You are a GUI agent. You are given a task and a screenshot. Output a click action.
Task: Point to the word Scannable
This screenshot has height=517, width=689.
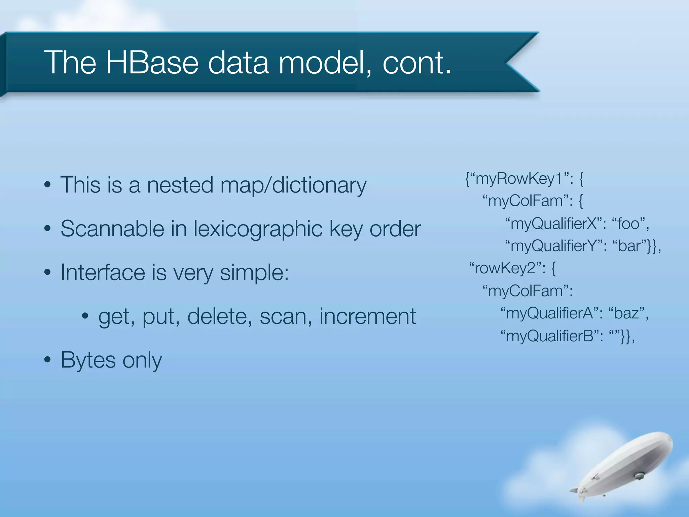point(112,229)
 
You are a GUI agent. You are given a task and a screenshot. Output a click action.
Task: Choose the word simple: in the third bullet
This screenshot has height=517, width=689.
point(254,273)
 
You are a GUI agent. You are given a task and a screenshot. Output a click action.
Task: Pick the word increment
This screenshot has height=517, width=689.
point(367,316)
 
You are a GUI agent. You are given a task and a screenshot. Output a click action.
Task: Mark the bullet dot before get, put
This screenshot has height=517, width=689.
point(85,316)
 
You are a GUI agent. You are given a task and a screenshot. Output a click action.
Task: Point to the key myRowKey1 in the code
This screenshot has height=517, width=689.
point(519,179)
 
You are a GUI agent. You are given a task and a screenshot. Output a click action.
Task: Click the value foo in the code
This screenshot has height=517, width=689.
point(628,224)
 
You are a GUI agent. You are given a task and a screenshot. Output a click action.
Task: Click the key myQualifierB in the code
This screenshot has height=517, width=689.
point(550,336)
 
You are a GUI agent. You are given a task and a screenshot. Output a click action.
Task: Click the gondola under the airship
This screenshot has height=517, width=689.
point(639,476)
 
